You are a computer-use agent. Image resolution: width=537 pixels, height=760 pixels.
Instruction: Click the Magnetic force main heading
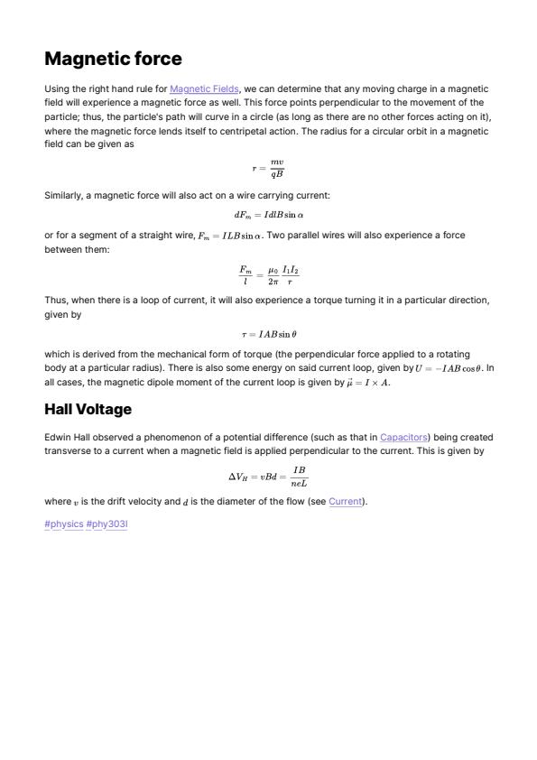coord(113,60)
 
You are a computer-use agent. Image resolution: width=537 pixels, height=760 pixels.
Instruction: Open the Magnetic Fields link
coord(204,88)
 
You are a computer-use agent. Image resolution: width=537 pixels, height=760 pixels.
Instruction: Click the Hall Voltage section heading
coord(88,410)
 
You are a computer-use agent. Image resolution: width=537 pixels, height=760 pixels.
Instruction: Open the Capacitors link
coord(405,437)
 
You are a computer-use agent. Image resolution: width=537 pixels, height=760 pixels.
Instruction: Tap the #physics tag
coord(63,524)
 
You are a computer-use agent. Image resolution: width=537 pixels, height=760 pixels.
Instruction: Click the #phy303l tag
coord(106,524)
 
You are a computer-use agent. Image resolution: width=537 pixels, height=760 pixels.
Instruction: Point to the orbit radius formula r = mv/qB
coord(268,168)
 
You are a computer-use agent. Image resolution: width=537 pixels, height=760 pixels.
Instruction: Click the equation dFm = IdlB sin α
coord(268,215)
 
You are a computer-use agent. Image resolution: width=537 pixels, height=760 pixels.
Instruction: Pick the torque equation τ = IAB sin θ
coord(268,334)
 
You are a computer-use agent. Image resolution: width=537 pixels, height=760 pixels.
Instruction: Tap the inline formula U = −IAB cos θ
coord(449,369)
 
